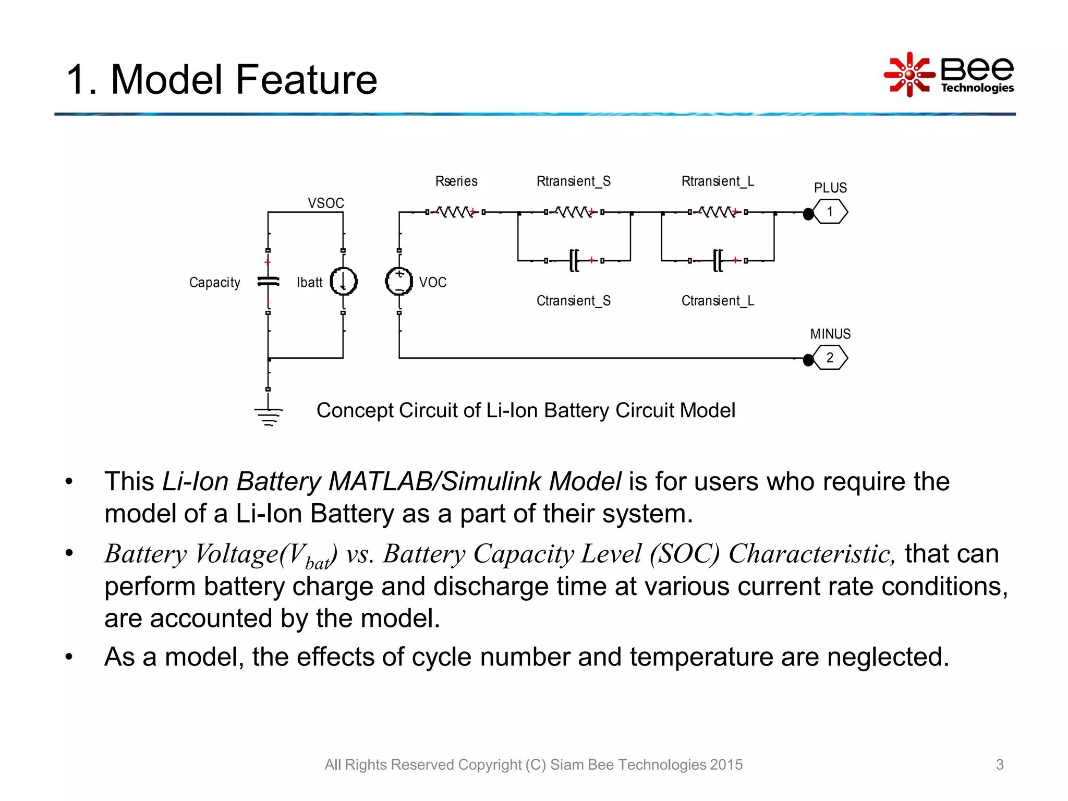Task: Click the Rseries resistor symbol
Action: tap(455, 212)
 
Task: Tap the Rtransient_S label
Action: tap(573, 181)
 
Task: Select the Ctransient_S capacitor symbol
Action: tap(574, 260)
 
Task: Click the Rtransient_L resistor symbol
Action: tap(718, 212)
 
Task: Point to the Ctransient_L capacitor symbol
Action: tap(718, 260)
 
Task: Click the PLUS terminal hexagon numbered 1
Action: tap(830, 212)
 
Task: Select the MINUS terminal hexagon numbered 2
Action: tap(830, 358)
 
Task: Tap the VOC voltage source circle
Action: tap(399, 282)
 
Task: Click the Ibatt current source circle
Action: tap(344, 282)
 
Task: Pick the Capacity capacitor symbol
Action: tap(268, 282)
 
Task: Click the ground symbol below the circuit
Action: tap(269, 417)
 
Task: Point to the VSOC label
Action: tap(326, 203)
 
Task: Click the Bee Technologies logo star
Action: tap(909, 75)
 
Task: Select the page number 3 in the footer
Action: tap(1000, 764)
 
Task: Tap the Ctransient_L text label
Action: tap(718, 301)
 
